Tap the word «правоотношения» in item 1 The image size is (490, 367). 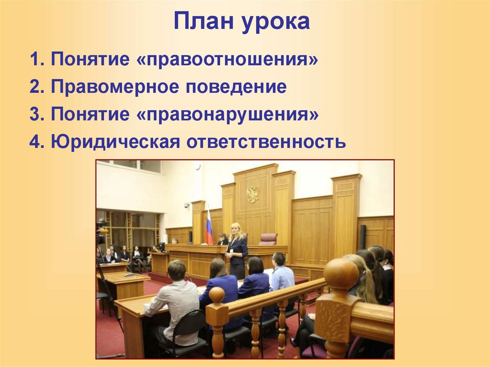pos(233,61)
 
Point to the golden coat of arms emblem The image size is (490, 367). pos(252,194)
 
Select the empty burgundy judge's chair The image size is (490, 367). pos(268,239)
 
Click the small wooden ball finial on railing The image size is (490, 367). pos(217,295)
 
